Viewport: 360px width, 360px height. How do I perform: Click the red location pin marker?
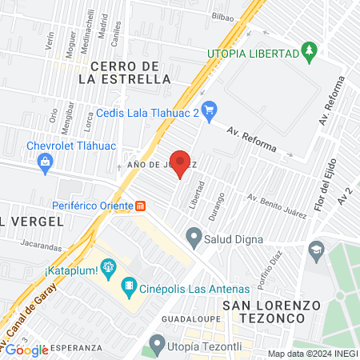point(181,163)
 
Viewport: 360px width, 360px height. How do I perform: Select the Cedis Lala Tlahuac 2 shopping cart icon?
point(210,109)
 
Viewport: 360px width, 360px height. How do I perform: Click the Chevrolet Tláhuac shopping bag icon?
point(46,164)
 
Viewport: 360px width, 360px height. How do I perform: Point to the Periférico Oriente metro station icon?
point(141,205)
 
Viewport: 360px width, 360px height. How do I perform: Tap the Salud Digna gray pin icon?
point(193,236)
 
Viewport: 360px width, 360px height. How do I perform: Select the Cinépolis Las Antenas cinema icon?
point(128,286)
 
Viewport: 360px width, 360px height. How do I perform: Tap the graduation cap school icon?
point(317,249)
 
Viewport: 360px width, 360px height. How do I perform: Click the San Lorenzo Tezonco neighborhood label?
point(265,311)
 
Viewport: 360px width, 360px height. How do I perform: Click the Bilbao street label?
point(223,15)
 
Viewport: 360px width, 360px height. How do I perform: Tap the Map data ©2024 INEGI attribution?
point(312,353)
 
